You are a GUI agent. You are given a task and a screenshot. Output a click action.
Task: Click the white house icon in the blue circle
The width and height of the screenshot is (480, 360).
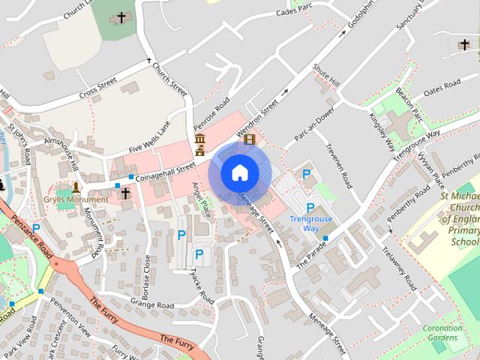pos(239,172)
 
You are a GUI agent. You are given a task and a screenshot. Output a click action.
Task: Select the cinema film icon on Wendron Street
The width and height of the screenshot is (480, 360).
pos(249,139)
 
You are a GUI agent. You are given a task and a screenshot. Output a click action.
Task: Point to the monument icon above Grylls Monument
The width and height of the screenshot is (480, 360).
pos(76,187)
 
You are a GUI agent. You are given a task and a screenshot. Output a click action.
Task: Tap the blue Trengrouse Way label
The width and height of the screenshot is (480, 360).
pos(310,223)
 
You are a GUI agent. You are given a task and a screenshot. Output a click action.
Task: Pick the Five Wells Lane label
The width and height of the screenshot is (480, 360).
pos(149,137)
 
